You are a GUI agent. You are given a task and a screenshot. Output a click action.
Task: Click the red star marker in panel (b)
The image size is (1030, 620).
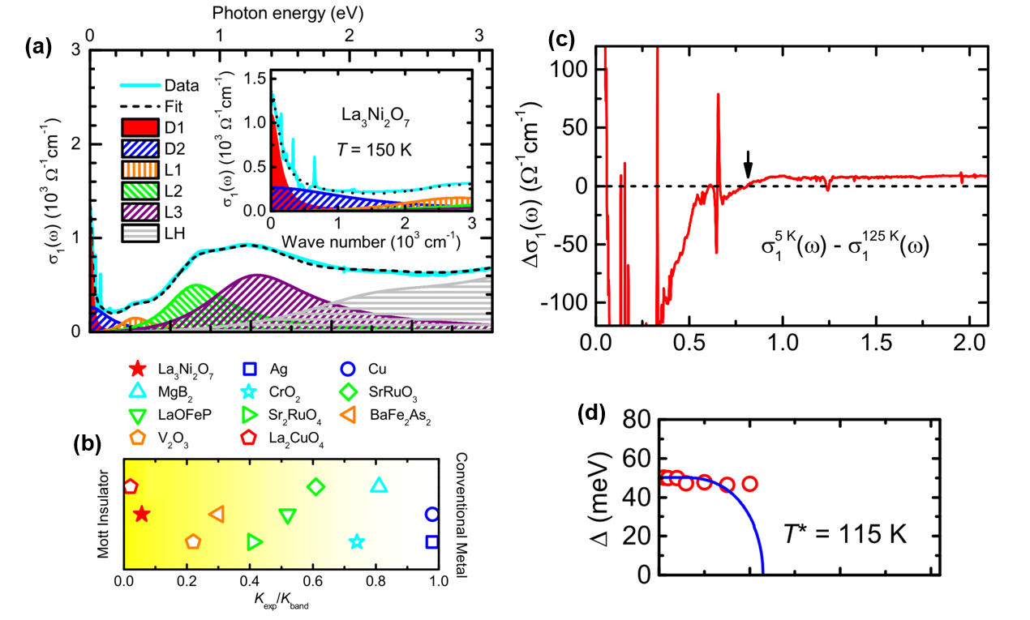(x=142, y=514)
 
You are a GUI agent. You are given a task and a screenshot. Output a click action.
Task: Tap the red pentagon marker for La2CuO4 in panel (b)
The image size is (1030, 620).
(x=131, y=486)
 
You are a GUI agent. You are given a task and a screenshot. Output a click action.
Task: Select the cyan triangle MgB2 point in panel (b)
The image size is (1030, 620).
(x=379, y=486)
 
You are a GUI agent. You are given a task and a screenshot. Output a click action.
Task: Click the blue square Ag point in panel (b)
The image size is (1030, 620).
(x=432, y=541)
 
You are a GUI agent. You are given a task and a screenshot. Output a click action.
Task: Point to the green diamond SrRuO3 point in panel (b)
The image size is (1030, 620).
(x=315, y=486)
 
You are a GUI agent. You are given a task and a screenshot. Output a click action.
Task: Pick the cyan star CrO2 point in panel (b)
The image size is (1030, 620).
(x=356, y=541)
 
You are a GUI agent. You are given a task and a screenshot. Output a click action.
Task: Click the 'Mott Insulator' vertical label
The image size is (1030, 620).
(x=104, y=513)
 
